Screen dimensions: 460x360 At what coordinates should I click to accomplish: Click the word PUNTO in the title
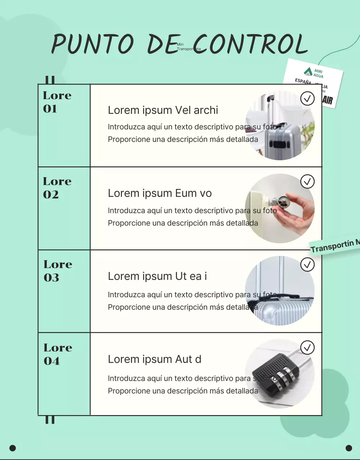93,45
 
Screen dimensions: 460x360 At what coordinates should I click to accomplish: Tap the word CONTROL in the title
251,45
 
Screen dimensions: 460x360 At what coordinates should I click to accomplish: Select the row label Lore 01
57,102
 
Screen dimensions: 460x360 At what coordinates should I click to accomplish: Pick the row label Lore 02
57,188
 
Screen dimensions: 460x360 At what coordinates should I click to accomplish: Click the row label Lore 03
58,271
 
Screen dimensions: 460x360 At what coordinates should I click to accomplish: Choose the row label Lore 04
58,354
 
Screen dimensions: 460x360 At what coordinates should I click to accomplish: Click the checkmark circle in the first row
307,98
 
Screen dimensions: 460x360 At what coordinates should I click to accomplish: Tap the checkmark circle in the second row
307,181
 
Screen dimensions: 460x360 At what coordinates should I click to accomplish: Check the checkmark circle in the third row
307,264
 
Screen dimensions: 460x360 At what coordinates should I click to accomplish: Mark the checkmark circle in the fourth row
307,348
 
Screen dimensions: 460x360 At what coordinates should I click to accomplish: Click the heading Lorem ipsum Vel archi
163,110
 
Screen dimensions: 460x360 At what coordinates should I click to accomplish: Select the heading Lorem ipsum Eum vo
160,193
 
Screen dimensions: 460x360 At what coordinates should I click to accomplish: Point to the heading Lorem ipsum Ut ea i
157,276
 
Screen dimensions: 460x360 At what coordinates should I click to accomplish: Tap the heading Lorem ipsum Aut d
154,359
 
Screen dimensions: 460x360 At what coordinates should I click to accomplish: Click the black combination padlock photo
279,374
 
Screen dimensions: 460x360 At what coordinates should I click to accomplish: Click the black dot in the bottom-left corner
13,448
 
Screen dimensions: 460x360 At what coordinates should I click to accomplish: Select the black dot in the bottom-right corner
348,448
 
